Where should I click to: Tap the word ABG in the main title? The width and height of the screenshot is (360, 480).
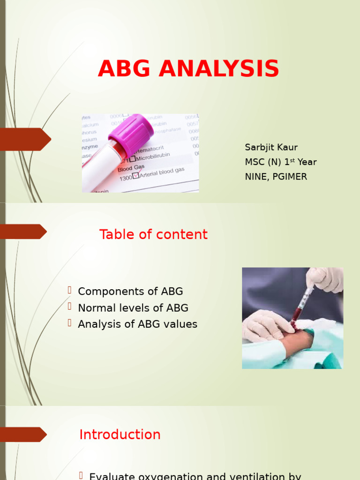click(124, 69)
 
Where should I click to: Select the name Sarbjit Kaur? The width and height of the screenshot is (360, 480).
click(271, 147)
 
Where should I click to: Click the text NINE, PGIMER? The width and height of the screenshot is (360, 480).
click(276, 177)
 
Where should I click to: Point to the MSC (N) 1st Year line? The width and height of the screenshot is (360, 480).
click(280, 162)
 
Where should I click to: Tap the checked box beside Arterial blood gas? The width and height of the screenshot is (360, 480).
click(136, 175)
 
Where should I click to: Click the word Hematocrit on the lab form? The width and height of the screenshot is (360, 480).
click(150, 150)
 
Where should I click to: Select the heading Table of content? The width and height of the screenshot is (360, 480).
click(153, 234)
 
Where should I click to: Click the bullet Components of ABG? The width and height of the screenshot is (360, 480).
click(130, 291)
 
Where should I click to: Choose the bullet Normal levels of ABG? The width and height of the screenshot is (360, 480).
click(133, 308)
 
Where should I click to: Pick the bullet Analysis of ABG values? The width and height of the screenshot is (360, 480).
click(137, 324)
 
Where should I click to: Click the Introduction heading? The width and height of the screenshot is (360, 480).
click(120, 435)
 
